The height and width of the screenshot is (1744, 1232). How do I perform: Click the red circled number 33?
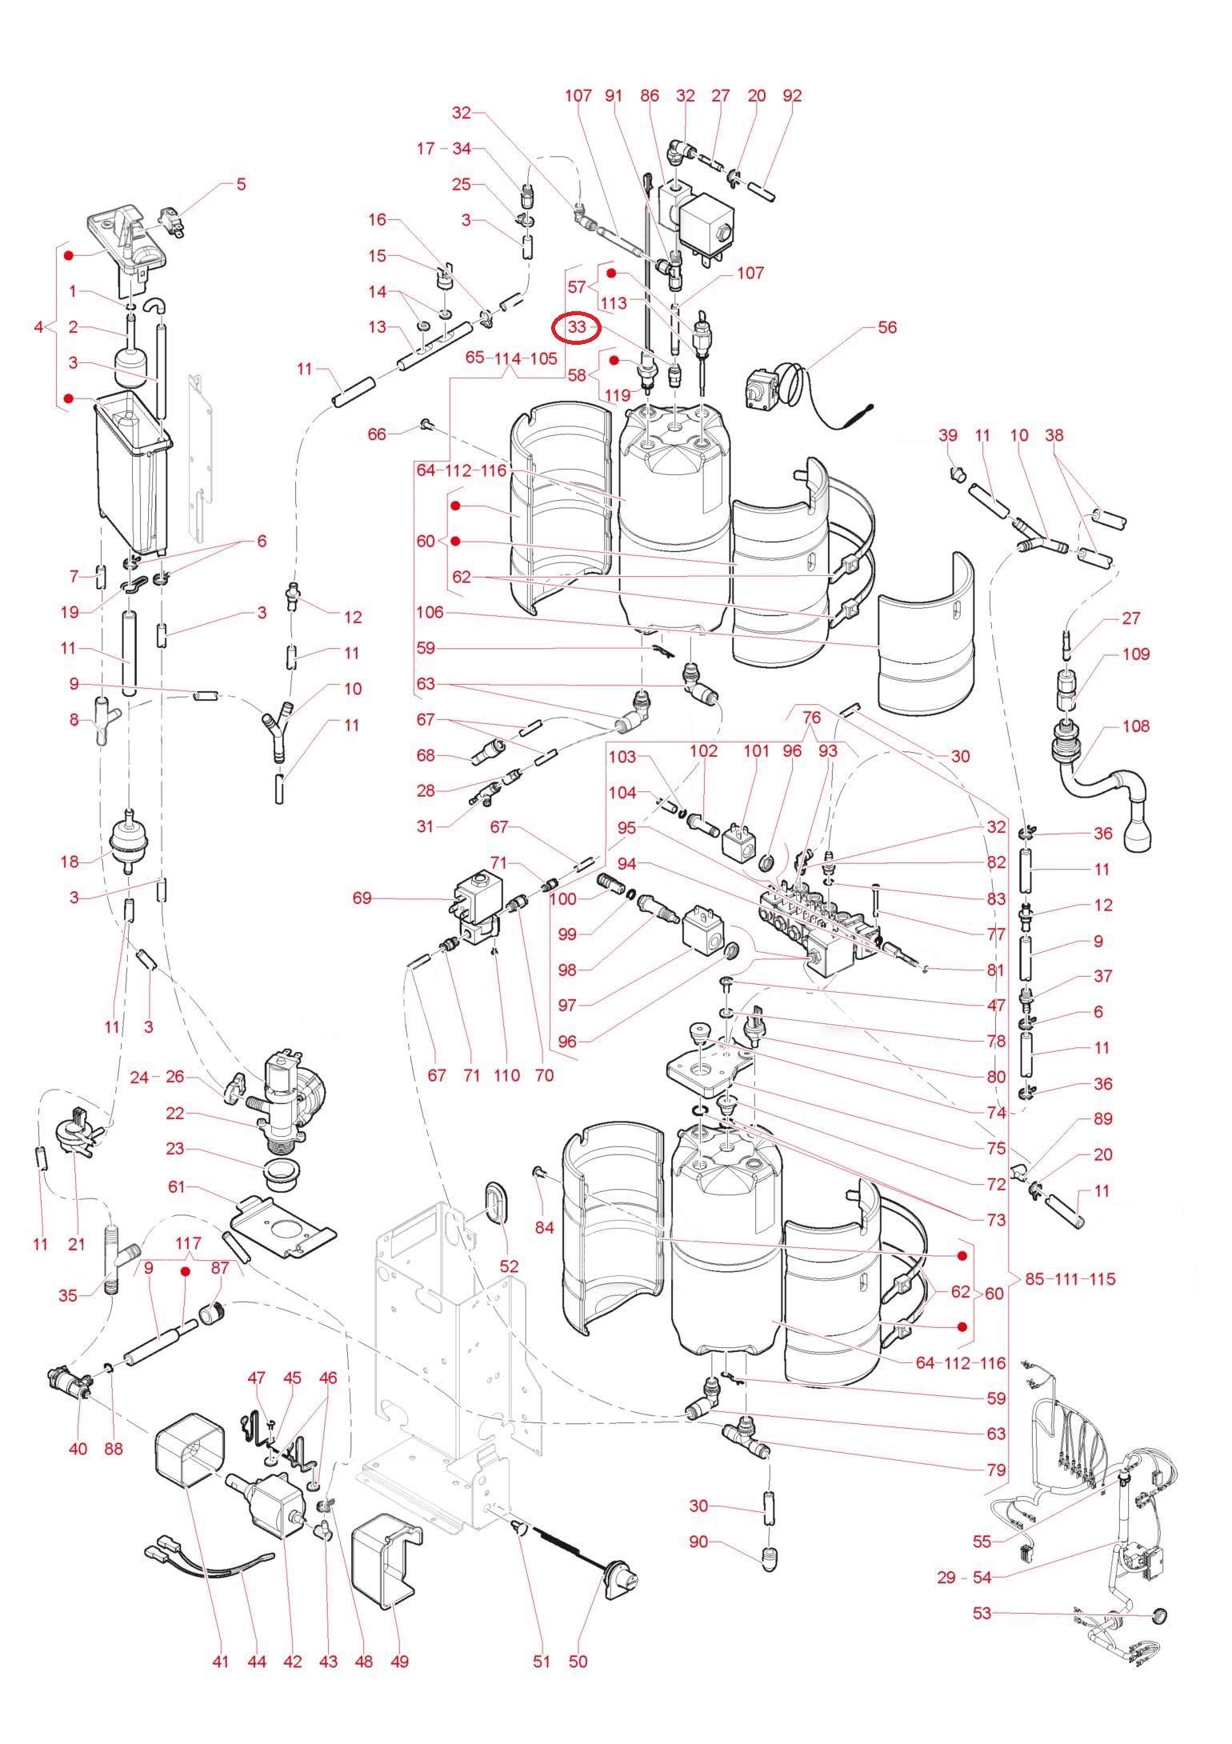pos(577,328)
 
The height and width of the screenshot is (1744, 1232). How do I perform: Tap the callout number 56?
pos(887,327)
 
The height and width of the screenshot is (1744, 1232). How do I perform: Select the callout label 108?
pos(1136,726)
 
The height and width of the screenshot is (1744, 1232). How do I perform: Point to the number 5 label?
pos(241,185)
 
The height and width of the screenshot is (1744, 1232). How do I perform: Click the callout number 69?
pos(362,898)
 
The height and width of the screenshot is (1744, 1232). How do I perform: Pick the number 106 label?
pos(430,613)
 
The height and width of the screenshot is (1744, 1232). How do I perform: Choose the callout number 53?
pos(982,1614)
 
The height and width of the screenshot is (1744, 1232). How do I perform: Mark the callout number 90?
pos(698,1542)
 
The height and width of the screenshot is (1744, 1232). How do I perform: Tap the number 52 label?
pos(509,1266)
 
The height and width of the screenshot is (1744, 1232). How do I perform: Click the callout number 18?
pos(70,862)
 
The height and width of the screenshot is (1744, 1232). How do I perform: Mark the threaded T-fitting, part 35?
pos(114,1263)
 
